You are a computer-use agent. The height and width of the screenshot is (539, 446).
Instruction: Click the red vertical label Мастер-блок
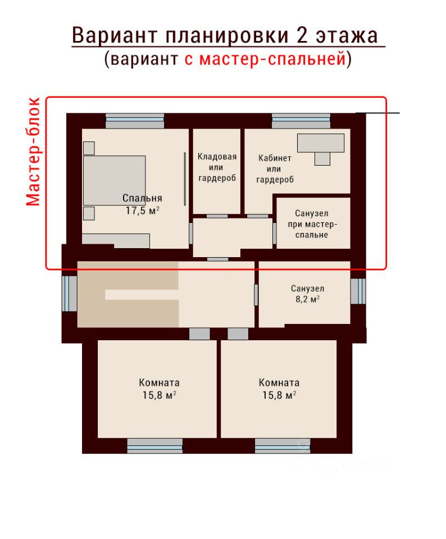point(33,152)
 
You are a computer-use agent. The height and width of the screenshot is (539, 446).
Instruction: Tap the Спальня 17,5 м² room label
point(142,204)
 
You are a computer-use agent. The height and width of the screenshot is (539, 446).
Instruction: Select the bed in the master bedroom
point(114,180)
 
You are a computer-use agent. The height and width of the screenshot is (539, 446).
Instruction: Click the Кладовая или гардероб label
point(217,167)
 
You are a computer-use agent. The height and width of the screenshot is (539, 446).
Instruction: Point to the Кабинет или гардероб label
point(275,169)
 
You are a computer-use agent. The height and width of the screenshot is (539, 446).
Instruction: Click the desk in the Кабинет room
point(321,143)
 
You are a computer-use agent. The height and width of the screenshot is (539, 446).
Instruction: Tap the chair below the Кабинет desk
point(322,159)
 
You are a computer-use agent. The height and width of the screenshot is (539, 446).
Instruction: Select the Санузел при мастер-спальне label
point(312,224)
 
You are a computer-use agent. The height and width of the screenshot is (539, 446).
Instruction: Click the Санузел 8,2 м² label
point(307,294)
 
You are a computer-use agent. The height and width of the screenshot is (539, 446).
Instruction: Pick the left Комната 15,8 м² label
point(159,389)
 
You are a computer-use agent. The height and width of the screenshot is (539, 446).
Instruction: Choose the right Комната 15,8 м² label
point(279,389)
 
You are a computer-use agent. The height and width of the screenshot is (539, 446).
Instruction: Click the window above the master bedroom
point(135,121)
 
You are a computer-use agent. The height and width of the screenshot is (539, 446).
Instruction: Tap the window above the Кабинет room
point(301,121)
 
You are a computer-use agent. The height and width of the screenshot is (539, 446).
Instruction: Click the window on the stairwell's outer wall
point(70,294)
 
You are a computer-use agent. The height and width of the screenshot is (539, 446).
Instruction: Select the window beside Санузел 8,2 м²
point(358,291)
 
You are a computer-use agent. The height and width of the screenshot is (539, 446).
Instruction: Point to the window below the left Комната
point(154,445)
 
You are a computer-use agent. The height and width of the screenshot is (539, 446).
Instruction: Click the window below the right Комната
point(283,445)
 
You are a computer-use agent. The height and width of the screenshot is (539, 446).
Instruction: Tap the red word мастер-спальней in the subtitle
point(272,58)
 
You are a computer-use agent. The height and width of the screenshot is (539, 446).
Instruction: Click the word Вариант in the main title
point(115,35)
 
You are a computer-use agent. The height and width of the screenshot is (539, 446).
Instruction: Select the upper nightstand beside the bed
point(89,148)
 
